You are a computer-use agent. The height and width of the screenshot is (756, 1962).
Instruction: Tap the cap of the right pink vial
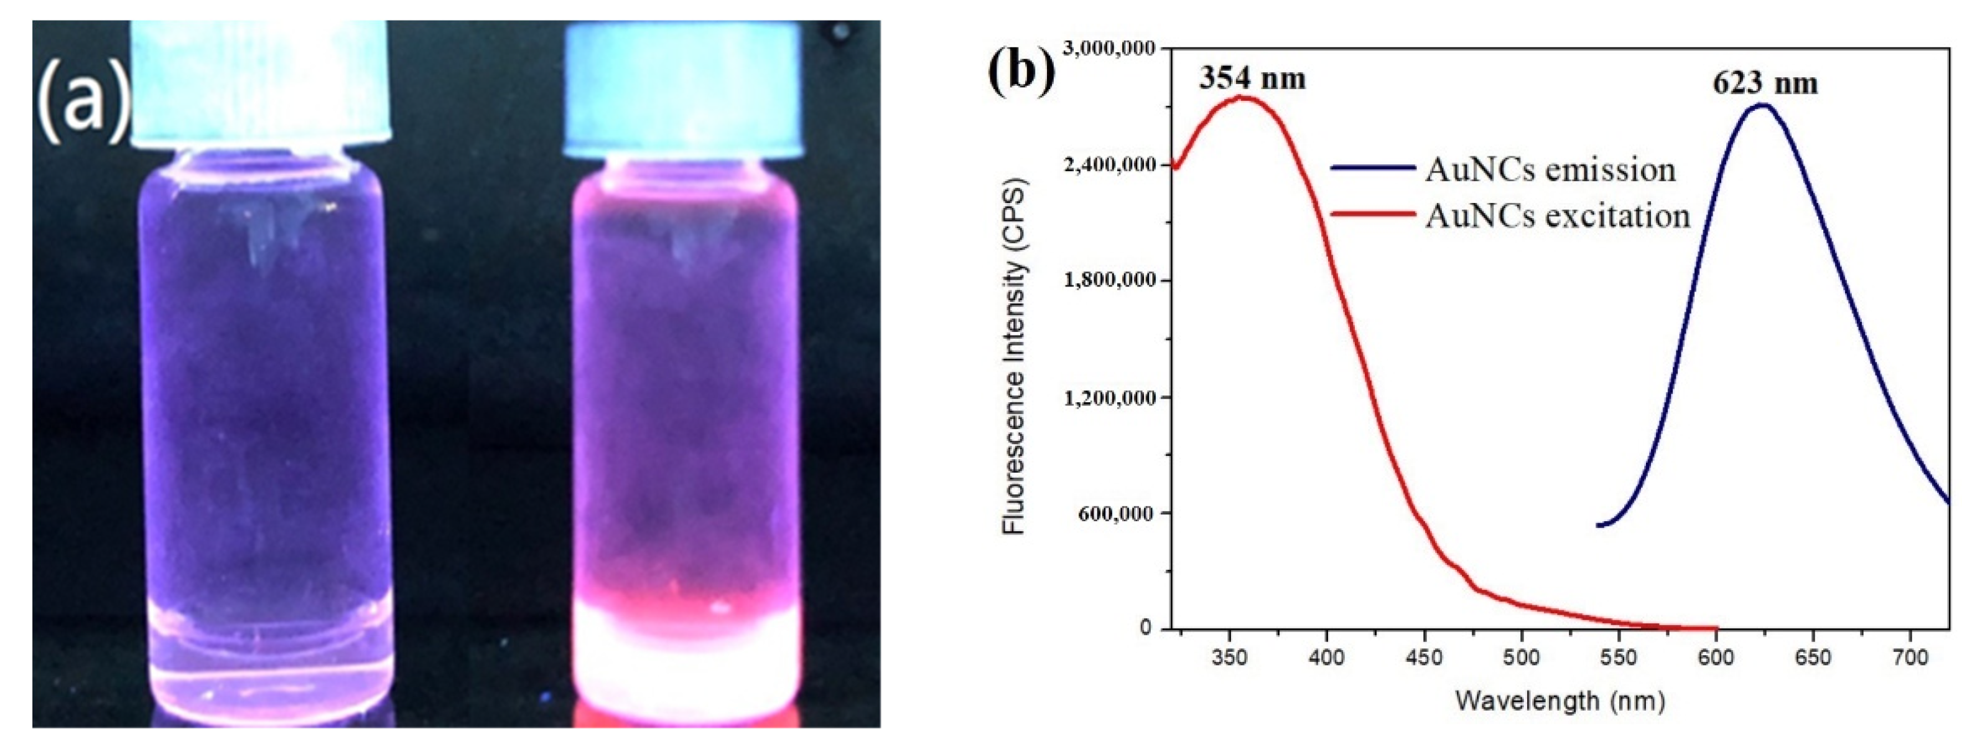683,92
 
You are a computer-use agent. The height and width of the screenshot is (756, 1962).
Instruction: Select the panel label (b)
1021,72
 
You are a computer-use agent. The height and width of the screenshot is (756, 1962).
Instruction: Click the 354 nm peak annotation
1252,78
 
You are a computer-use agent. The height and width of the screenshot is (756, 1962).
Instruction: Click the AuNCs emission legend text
1550,169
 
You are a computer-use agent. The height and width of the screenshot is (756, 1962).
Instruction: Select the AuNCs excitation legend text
1558,217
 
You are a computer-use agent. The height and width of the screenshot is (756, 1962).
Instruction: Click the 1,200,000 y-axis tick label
1110,398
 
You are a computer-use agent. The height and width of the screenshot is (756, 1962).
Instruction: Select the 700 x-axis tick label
1910,657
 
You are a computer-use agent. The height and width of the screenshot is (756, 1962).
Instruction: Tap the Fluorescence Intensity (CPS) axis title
1015,355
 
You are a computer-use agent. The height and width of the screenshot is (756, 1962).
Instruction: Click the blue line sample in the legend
1372,168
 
